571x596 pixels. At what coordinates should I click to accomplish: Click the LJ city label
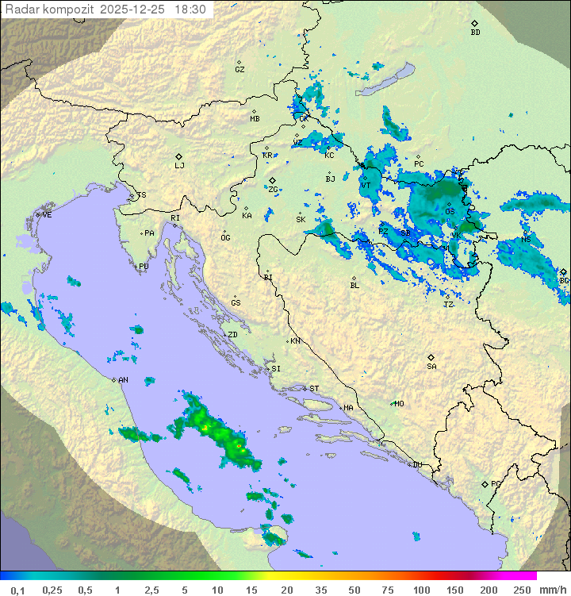point(179,166)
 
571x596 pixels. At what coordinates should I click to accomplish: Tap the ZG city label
point(273,190)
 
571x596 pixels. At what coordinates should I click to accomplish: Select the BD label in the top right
point(475,33)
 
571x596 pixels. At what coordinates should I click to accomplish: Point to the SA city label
point(431,367)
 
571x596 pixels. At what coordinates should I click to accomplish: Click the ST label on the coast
point(314,389)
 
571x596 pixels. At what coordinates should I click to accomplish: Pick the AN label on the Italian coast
point(123,380)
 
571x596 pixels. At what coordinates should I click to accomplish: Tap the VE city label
point(47,215)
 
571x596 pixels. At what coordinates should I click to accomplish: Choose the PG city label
point(496,483)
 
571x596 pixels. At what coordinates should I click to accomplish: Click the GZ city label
point(240,70)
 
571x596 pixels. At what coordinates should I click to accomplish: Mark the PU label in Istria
point(144,267)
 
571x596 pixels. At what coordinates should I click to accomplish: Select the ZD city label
point(233,335)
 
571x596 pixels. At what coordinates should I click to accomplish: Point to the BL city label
point(354,286)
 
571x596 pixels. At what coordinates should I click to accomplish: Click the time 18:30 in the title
point(190,10)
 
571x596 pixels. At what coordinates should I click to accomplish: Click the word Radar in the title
point(20,10)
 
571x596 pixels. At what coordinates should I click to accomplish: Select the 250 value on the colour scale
point(521,590)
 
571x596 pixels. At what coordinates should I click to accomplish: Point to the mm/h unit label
point(552,590)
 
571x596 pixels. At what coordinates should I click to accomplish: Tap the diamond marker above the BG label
point(563,272)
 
